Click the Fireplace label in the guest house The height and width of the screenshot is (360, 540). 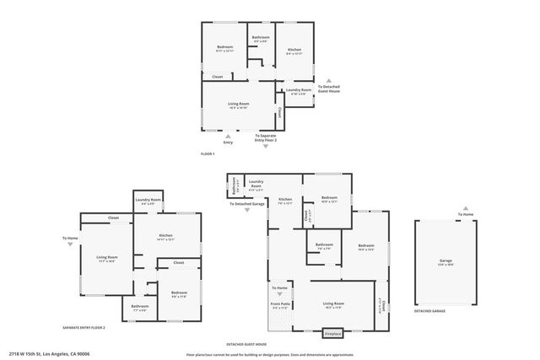tap(334, 334)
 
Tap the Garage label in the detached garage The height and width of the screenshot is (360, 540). tap(444, 262)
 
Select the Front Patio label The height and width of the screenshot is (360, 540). tap(280, 305)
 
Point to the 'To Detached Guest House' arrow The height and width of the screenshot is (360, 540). tap(330, 79)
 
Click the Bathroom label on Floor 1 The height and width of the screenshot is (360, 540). tap(261, 38)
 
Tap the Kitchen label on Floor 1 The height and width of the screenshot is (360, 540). tap(294, 50)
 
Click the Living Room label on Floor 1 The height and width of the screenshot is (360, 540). tap(239, 105)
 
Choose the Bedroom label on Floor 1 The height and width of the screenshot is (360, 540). tap(224, 47)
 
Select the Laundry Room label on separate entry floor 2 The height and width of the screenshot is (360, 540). tap(148, 201)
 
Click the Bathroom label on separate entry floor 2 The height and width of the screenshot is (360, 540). tap(140, 307)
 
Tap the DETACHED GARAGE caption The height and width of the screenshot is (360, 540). tap(429, 311)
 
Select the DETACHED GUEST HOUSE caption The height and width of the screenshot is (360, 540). tap(246, 344)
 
